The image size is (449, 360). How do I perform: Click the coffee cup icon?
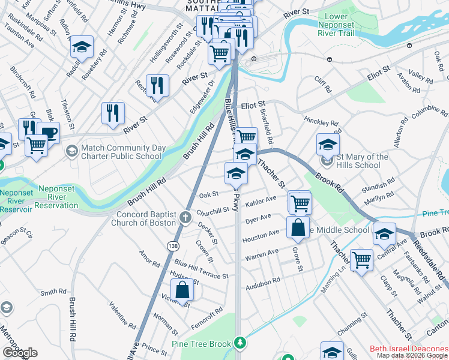pos(48,132)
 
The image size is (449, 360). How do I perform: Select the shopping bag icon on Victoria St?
pos(182,290)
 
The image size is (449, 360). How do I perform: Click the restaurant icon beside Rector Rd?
pos(157,85)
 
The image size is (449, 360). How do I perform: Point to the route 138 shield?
pos(173,246)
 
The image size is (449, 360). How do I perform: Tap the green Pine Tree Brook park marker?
pos(240,343)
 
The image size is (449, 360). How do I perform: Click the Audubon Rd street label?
pos(262,281)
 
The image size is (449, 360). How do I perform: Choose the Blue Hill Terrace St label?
pos(201,269)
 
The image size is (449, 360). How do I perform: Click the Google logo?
pos(20,353)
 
